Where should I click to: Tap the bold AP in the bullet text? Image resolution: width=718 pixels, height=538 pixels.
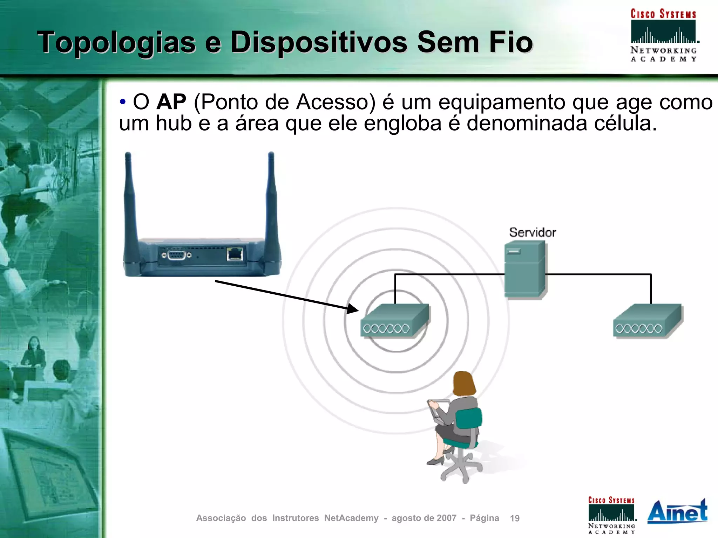point(171,102)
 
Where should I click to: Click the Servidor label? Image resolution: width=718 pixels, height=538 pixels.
point(533,232)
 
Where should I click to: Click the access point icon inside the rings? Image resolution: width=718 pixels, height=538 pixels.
point(394,320)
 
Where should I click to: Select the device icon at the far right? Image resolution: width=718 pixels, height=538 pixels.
point(647,320)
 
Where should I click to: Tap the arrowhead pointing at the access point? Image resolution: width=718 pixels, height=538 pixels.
point(352,309)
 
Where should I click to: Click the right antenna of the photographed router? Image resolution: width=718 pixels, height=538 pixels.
point(272,203)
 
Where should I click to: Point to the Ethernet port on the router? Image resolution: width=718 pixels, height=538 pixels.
point(235,254)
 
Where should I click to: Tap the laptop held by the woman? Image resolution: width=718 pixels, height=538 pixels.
point(438,411)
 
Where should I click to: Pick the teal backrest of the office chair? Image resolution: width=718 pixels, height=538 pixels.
point(469,418)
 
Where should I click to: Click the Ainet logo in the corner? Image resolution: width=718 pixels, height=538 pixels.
point(677,512)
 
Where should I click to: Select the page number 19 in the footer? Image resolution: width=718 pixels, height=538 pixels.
point(515,518)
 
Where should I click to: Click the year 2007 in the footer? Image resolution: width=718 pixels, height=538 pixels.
point(446,518)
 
